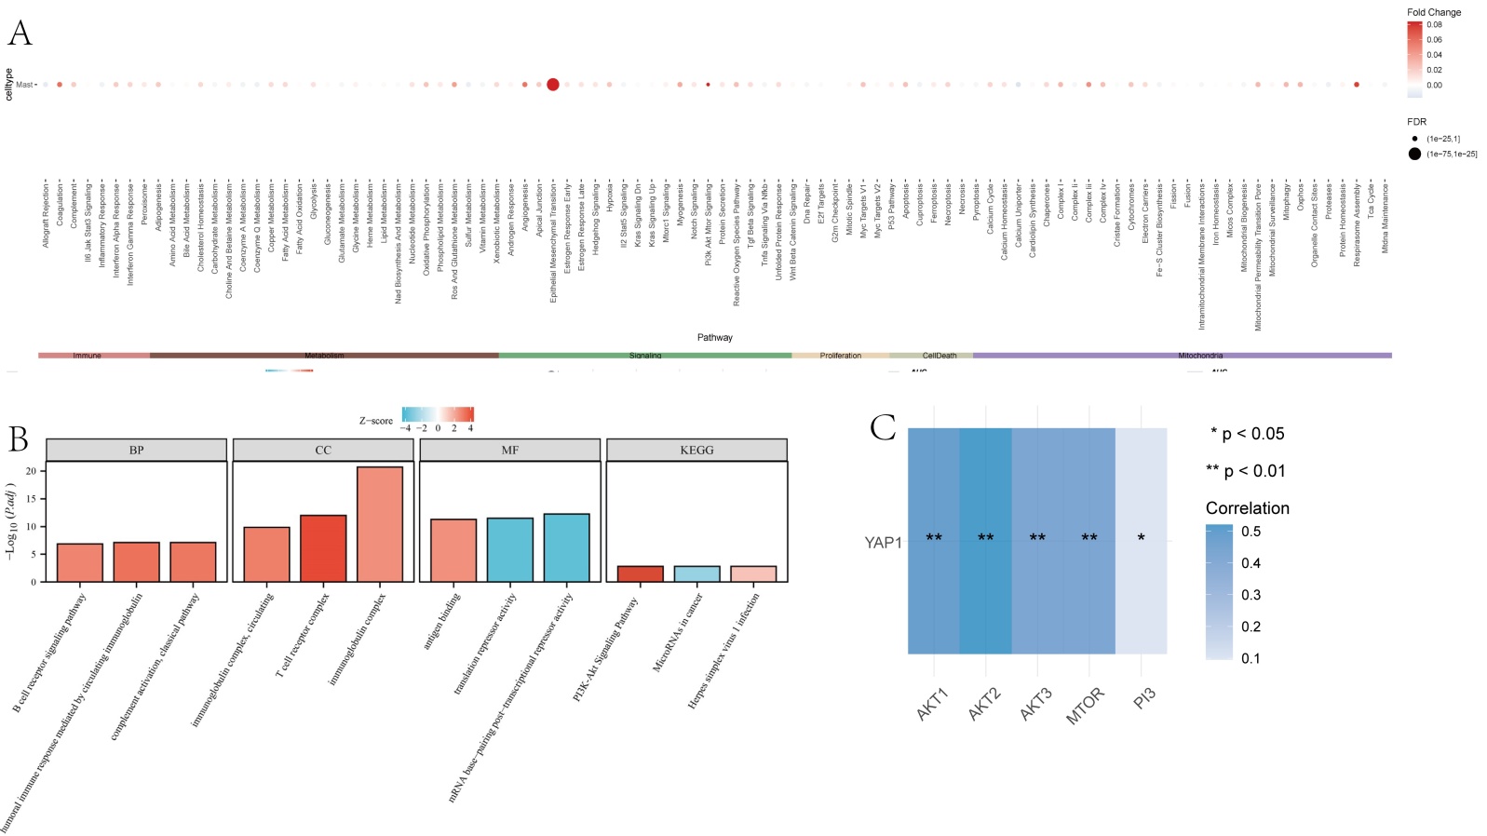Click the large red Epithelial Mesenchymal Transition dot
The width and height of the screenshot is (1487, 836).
click(552, 85)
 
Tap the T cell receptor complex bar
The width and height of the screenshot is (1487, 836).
click(323, 548)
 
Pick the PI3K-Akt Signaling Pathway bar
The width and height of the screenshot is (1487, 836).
click(641, 573)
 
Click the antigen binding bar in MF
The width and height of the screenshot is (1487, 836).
click(453, 550)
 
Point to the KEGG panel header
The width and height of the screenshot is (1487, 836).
click(696, 450)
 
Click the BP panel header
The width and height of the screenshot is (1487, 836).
click(136, 450)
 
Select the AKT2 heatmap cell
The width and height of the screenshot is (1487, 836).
click(985, 540)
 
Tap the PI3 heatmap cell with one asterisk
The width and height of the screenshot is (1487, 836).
click(1141, 540)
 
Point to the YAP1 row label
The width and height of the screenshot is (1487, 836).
click(883, 542)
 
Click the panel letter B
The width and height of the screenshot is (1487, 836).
click(18, 438)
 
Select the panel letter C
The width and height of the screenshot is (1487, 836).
click(882, 428)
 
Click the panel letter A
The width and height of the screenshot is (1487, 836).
click(20, 34)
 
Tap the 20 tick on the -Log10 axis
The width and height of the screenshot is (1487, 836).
click(32, 471)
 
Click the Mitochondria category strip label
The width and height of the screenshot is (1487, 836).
click(1200, 356)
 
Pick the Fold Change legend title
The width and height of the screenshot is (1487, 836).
click(1434, 12)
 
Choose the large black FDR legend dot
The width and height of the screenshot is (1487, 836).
click(1414, 154)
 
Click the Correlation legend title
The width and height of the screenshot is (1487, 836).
click(1247, 508)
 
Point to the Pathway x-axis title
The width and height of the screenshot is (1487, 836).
click(714, 337)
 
